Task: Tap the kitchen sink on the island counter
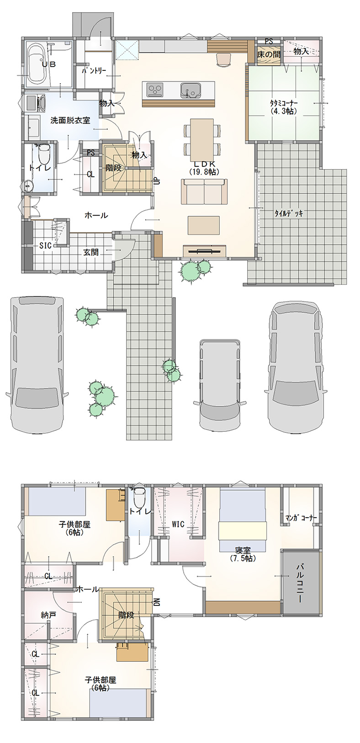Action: tap(190, 90)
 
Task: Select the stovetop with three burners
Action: tap(155, 90)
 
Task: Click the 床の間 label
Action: tap(269, 55)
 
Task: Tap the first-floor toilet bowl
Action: tap(43, 153)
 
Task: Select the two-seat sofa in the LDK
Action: tap(204, 191)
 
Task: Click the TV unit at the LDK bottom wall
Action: tap(205, 251)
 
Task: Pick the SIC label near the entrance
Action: tap(45, 245)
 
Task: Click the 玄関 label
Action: tap(90, 252)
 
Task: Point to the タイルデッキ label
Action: tap(288, 213)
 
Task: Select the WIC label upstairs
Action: tap(178, 524)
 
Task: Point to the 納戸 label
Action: tap(48, 615)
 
